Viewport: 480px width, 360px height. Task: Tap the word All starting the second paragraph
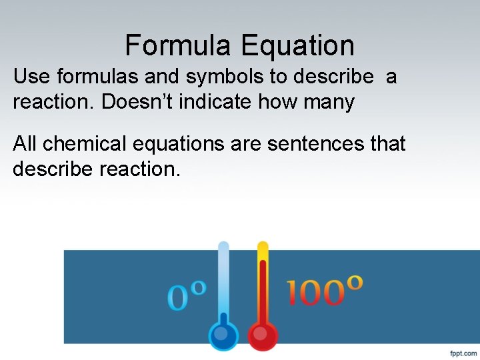coord(25,143)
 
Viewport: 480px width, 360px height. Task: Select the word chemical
coord(83,143)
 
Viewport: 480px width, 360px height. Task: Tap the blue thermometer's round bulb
coord(223,335)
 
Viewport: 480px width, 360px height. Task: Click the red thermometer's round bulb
coord(262,335)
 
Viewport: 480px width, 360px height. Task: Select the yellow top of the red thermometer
coord(263,249)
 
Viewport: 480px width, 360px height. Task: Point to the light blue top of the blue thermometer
coord(223,249)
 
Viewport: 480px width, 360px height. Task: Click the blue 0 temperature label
coord(178,298)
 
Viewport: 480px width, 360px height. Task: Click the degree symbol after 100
coord(355,282)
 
